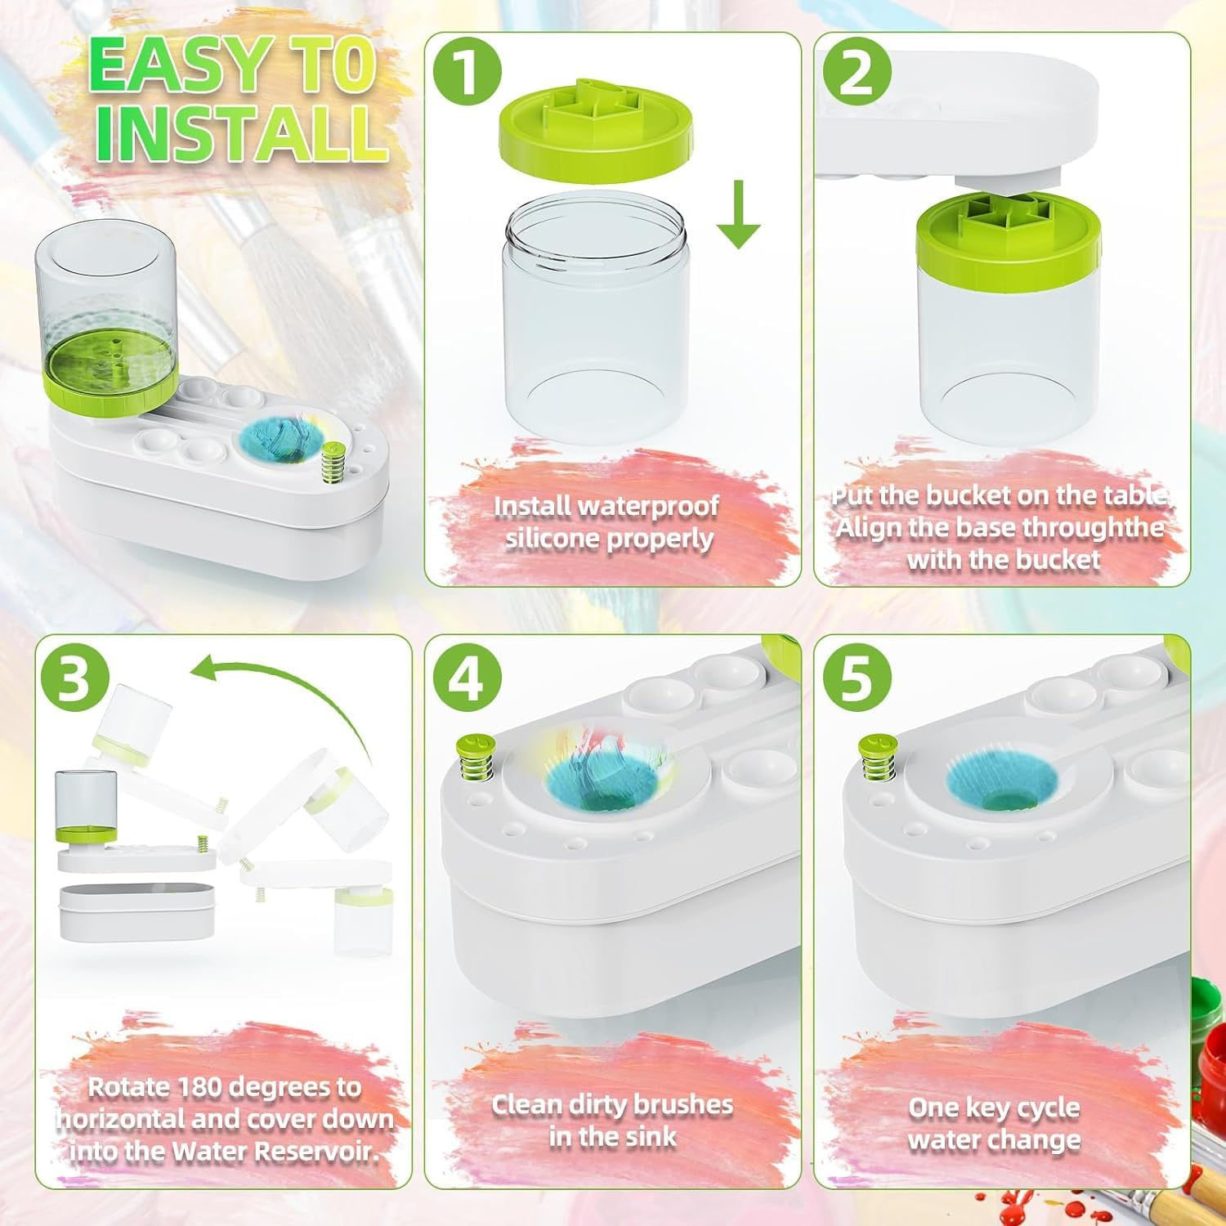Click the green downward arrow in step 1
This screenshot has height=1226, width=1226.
[739, 215]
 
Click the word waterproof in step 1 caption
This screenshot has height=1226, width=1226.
[648, 507]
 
